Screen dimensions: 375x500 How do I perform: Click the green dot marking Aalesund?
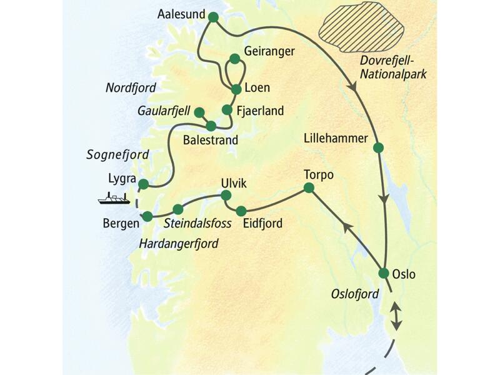click(212, 17)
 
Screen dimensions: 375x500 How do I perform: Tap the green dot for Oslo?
click(384, 273)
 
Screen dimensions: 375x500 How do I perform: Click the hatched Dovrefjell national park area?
click(362, 32)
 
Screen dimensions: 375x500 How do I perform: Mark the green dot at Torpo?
click(309, 187)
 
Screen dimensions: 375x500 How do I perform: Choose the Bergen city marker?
click(147, 216)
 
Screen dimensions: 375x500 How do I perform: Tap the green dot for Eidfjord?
click(241, 211)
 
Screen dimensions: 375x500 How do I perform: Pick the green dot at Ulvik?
click(227, 196)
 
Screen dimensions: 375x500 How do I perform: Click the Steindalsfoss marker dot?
click(177, 209)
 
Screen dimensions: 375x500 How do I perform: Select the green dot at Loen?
click(236, 89)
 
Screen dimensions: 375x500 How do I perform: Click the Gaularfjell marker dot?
click(199, 112)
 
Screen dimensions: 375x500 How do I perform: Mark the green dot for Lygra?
click(143, 184)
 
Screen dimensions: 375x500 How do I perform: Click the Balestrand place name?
click(210, 141)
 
